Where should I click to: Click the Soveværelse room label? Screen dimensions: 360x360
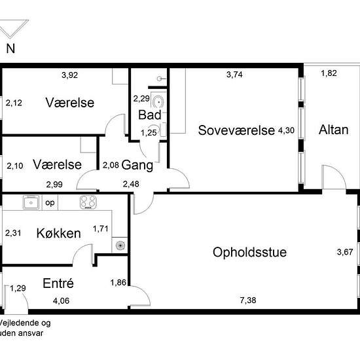click(x=236, y=130)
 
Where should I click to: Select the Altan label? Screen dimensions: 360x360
click(x=333, y=130)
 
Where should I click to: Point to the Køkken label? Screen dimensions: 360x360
click(x=58, y=233)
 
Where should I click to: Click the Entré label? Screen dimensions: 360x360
click(x=58, y=283)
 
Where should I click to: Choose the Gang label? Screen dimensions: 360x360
click(x=137, y=165)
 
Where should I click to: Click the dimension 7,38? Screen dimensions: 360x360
click(x=249, y=300)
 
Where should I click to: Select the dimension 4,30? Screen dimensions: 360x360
click(x=286, y=130)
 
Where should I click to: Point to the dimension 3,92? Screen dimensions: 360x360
click(x=69, y=75)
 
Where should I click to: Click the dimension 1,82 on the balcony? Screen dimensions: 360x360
click(x=329, y=73)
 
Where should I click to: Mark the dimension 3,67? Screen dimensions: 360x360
click(x=344, y=252)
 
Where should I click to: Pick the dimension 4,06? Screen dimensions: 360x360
click(x=61, y=300)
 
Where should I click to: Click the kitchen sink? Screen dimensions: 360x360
click(x=31, y=202)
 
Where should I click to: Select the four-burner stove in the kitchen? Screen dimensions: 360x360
click(x=88, y=202)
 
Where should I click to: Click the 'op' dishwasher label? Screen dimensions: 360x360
click(x=50, y=202)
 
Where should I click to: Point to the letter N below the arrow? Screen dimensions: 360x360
click(x=10, y=48)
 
